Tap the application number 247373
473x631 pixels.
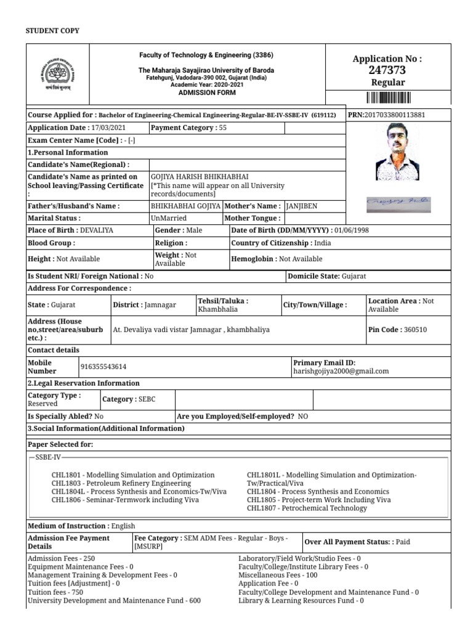pyautogui.click(x=387, y=70)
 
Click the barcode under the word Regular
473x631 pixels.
pyautogui.click(x=388, y=97)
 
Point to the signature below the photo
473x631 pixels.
pyautogui.click(x=398, y=202)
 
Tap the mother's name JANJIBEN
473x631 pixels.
pyautogui.click(x=302, y=206)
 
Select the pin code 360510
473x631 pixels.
pyautogui.click(x=415, y=330)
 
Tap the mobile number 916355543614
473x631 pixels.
pyautogui.click(x=103, y=367)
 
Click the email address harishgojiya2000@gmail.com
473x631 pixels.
pyautogui.click(x=341, y=371)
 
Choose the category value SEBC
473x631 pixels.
pyautogui.click(x=146, y=399)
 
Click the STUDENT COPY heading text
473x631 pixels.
pyautogui.click(x=52, y=31)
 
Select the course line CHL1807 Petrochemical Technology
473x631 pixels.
pyautogui.click(x=306, y=508)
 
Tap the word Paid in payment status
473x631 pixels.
pyautogui.click(x=403, y=542)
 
